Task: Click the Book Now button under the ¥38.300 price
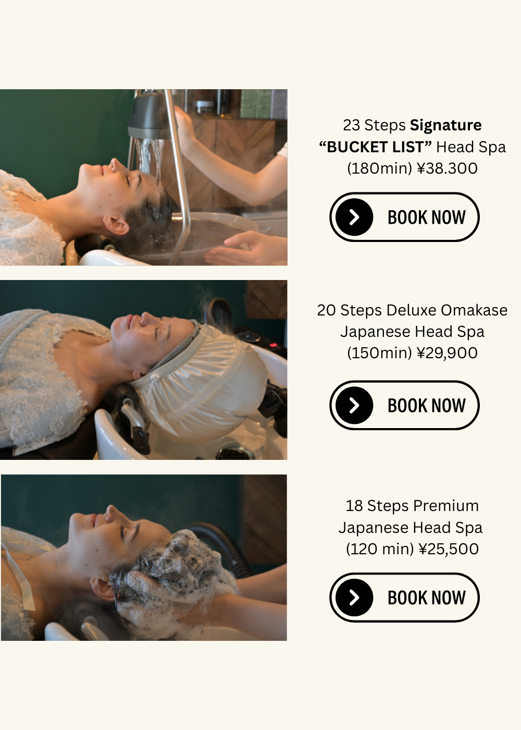(x=404, y=217)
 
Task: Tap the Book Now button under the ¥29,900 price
(x=404, y=405)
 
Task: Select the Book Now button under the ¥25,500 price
(x=404, y=598)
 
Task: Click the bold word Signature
(x=445, y=126)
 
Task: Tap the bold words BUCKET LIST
(x=376, y=147)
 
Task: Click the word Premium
(x=446, y=506)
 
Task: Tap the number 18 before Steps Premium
(x=354, y=506)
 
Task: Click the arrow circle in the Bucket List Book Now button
(x=354, y=217)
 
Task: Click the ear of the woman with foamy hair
(x=102, y=587)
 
